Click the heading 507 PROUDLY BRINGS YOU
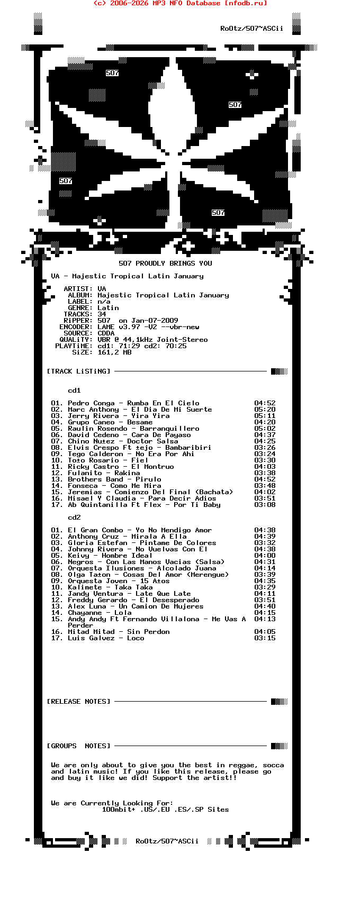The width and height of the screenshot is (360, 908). (165, 264)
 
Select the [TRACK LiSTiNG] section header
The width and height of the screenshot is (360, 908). (79, 371)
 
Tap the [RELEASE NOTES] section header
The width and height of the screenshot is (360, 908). (79, 702)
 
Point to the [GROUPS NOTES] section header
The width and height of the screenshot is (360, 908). (79, 746)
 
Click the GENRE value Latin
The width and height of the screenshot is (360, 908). (108, 308)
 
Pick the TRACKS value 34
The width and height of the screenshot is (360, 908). (102, 314)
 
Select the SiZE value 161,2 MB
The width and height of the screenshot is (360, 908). (114, 352)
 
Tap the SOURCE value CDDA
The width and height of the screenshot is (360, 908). (106, 333)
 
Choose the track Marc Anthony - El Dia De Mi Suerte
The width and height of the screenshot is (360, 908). (140, 410)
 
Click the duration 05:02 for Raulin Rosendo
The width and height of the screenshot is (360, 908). (265, 429)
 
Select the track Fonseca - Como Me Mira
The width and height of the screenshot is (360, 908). (114, 486)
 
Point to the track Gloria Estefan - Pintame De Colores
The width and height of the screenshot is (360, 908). (142, 543)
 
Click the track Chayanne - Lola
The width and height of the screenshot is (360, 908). (100, 613)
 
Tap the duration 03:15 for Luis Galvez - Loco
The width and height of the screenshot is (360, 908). (265, 638)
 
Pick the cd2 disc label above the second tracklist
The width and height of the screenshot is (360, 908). (74, 517)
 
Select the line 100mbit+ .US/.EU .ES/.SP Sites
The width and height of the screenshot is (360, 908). (165, 810)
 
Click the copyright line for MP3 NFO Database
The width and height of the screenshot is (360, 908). (180, 3)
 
